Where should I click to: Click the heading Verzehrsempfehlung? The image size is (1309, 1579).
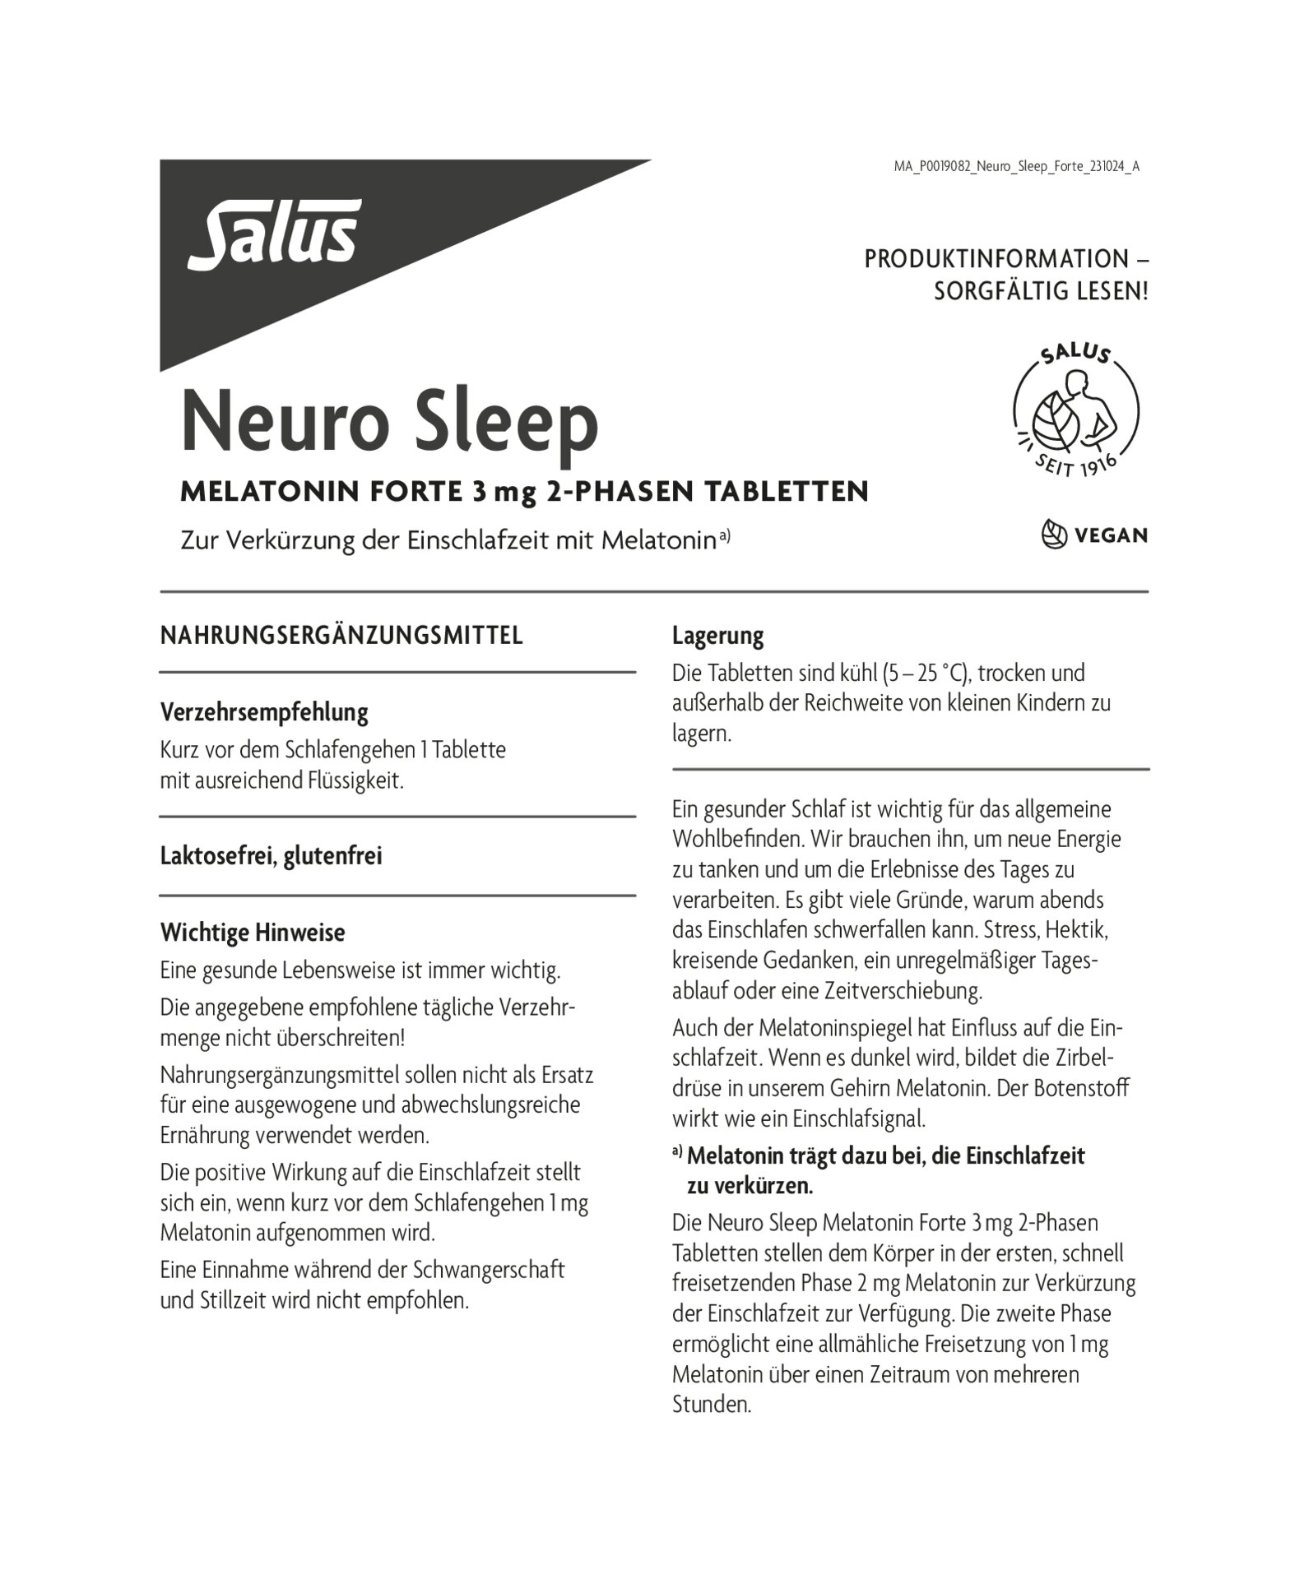(x=264, y=712)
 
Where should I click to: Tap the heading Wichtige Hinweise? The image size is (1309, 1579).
(x=253, y=933)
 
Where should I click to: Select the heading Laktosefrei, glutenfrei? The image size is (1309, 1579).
(x=272, y=856)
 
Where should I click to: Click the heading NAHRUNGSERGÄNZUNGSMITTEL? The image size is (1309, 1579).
(x=341, y=636)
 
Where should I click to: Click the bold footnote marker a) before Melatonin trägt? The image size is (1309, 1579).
(x=678, y=1154)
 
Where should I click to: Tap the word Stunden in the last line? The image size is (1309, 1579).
(x=712, y=1404)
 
